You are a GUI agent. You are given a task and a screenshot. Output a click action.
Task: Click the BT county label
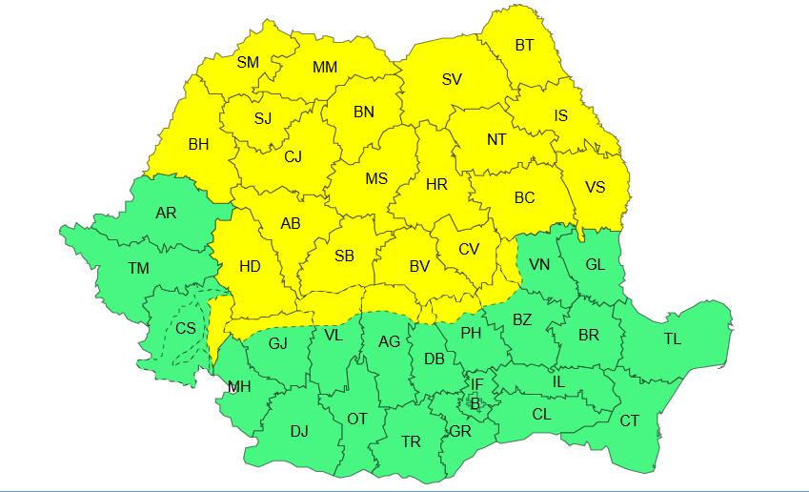point(524,45)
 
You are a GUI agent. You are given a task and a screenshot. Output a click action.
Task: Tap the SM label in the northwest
point(248,63)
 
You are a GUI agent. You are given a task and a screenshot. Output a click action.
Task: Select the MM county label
point(325,68)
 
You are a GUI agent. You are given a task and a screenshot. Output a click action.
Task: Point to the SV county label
point(452,79)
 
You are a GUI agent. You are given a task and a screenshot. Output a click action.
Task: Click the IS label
point(561,116)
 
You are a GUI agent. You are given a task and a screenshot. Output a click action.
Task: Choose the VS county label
point(595,187)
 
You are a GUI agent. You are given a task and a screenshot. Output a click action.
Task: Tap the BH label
point(198,145)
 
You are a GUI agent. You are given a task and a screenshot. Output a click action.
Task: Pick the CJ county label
point(293,157)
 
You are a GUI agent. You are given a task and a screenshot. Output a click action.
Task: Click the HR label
point(436,185)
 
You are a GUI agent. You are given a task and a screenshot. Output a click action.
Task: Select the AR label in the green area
point(166,213)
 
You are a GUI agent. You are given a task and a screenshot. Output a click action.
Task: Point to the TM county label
point(138,269)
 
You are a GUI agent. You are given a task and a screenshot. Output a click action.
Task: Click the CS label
point(185,328)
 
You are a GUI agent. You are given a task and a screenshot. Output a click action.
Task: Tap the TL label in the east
point(673,339)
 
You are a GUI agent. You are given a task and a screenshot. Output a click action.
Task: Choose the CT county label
point(630,420)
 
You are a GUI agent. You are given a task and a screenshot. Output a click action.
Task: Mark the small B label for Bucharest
point(475,403)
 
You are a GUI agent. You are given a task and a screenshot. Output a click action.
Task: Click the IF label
point(477,385)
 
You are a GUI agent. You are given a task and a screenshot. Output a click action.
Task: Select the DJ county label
point(299,432)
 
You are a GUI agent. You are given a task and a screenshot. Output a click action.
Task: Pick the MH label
point(239,387)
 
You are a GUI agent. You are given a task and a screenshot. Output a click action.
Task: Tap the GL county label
point(595,265)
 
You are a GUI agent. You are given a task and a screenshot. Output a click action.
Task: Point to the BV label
point(419,267)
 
